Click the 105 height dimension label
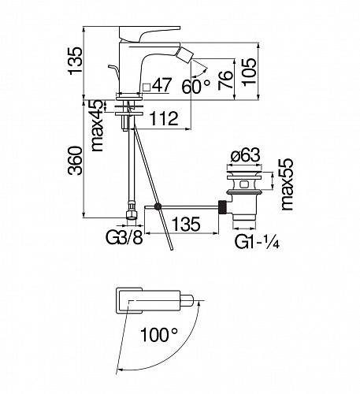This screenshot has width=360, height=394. coord(249,72)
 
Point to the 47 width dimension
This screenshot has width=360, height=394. coord(162,85)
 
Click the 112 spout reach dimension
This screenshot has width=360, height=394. coord(164,118)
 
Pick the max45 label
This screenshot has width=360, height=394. coord(97,125)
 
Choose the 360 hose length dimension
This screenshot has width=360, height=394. coord(75,161)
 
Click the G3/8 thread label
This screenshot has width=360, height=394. coord(124,237)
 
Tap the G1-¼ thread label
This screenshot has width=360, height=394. coord(257,242)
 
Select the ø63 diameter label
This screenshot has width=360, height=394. coord(246,155)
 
